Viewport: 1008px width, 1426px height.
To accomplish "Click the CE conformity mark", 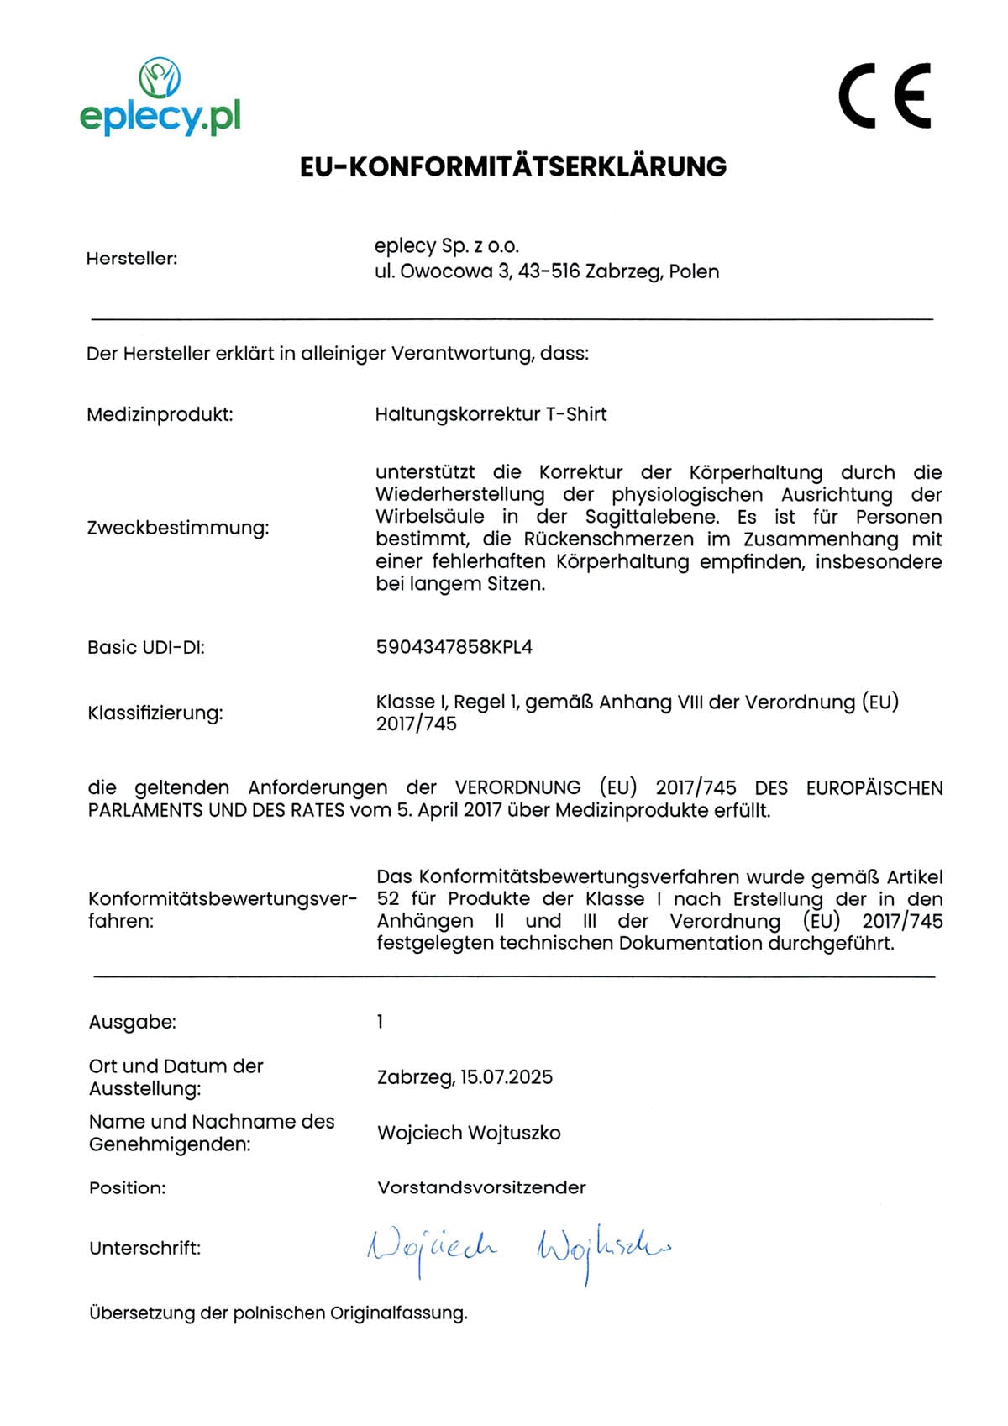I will (885, 96).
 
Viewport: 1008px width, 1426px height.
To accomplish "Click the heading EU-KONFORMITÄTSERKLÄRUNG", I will (512, 167).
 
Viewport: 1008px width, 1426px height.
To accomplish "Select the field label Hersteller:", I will (132, 259).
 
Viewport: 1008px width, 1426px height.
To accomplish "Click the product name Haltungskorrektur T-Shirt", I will (491, 414).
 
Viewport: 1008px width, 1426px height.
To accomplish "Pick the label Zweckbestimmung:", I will (178, 528).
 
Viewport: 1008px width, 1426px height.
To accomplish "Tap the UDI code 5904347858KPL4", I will (454, 647).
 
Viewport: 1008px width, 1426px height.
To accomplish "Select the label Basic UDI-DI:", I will (146, 647).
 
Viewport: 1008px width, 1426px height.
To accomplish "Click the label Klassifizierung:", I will (155, 713).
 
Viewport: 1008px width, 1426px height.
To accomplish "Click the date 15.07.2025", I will (507, 1077).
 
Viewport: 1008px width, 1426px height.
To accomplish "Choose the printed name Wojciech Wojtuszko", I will (469, 1133).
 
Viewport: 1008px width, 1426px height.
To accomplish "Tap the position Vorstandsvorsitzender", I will (481, 1187).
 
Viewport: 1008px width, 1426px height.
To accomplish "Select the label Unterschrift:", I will (145, 1249).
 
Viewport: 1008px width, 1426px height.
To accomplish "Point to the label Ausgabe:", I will (133, 1023).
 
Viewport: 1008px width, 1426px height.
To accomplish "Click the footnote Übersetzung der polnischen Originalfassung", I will (278, 1313).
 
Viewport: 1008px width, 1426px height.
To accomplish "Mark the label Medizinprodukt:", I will (160, 414).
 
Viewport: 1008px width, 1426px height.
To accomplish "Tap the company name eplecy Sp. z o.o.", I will (447, 246).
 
